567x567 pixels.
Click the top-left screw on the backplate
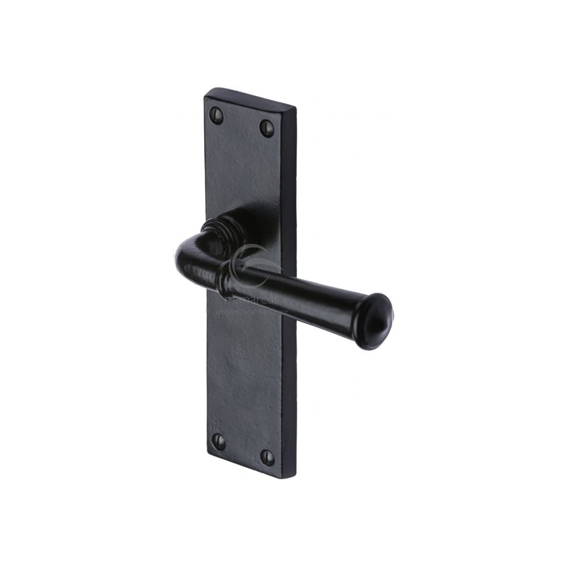coord(216,115)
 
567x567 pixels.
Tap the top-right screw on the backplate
coord(266,128)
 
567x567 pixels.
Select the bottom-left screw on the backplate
coord(218,441)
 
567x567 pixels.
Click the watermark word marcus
coord(258,299)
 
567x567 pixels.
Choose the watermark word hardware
coord(275,311)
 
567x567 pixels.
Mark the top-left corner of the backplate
coord(206,91)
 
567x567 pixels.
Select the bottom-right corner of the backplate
coord(294,477)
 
